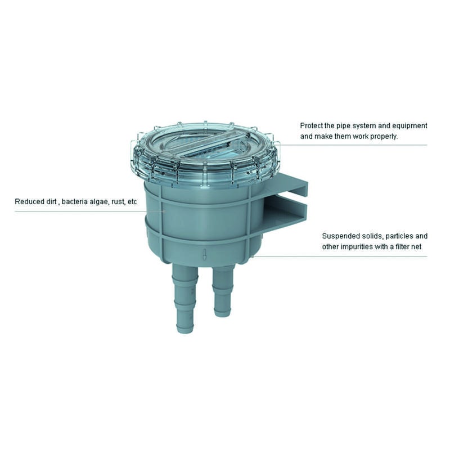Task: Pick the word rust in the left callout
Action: (118, 202)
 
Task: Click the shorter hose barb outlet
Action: (223, 290)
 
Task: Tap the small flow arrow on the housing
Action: (205, 255)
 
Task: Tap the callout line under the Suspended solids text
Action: (340, 256)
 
